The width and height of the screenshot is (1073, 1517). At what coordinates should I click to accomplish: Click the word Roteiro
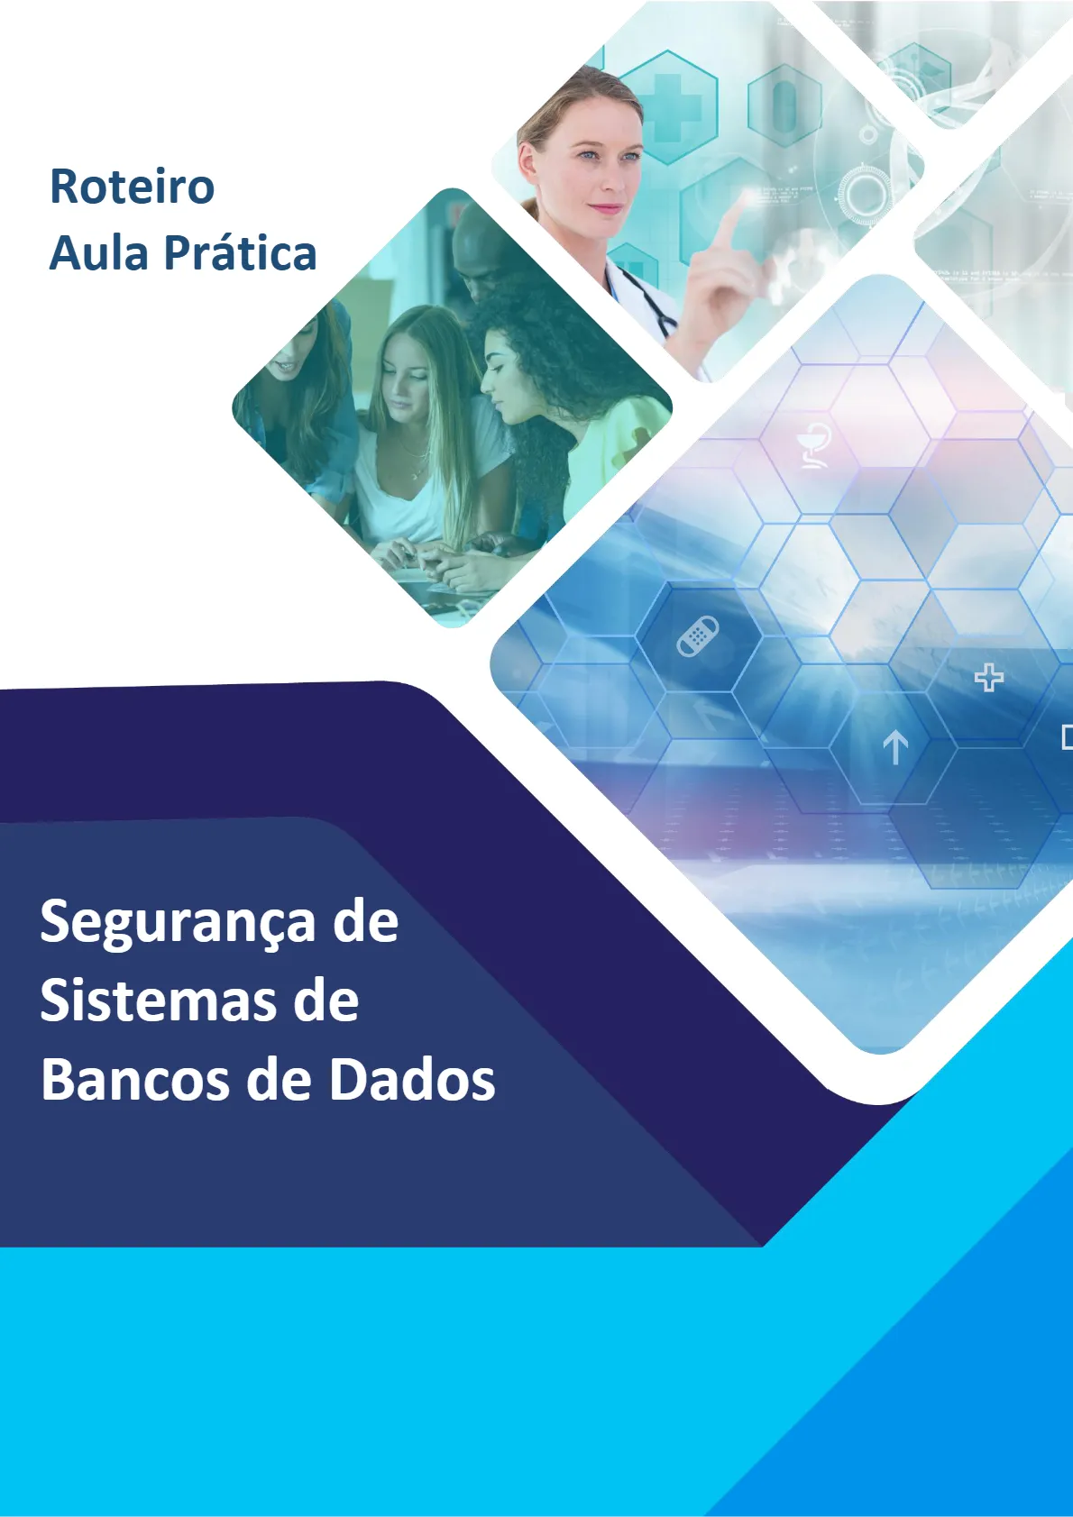tap(132, 187)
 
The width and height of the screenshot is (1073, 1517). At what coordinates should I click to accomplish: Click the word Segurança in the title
tap(177, 924)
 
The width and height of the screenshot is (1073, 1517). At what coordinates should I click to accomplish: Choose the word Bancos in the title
tap(134, 1080)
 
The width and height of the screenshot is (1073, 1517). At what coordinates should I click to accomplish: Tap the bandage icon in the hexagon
tap(698, 636)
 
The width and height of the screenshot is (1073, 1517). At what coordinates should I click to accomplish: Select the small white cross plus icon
tap(989, 677)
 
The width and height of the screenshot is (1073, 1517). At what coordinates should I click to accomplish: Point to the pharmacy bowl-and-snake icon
tap(814, 445)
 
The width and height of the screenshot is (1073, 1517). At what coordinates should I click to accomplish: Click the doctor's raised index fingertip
tap(746, 196)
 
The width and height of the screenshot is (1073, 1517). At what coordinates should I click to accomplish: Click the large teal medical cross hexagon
tap(668, 107)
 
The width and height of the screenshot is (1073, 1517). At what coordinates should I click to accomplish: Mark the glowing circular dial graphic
tap(865, 194)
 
